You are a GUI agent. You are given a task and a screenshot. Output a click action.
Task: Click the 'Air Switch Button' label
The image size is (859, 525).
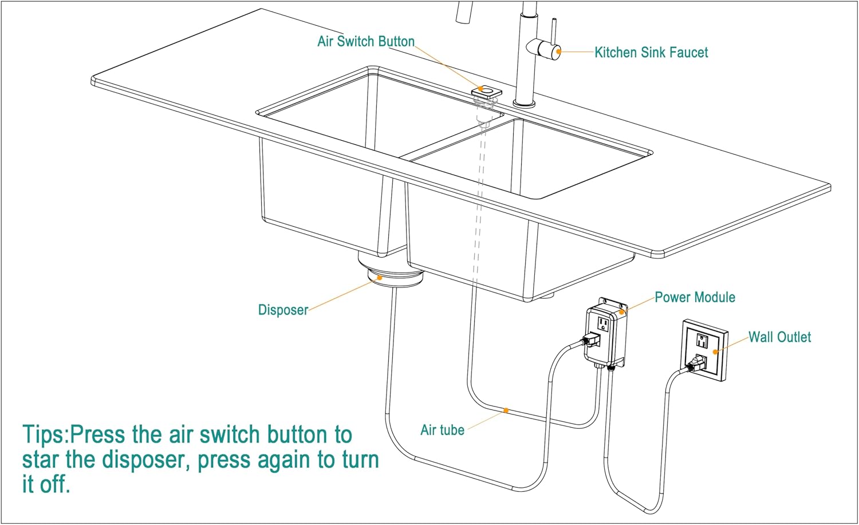coord(366,42)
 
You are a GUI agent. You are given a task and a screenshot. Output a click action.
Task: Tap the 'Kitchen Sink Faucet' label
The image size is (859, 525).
coord(651,53)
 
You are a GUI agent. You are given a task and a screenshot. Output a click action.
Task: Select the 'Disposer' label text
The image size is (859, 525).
coord(283,310)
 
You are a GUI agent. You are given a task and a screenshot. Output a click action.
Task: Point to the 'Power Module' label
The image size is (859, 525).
coord(695,297)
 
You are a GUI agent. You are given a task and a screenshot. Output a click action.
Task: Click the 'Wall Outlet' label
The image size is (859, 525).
coord(779,337)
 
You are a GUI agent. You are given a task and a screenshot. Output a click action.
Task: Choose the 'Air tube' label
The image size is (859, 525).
coord(442,430)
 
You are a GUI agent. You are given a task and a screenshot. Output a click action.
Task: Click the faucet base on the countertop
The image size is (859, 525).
coord(524,104)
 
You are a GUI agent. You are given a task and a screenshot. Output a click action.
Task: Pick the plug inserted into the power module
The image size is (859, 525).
coord(592,340)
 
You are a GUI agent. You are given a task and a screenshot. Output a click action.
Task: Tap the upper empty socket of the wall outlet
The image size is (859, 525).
coord(702,341)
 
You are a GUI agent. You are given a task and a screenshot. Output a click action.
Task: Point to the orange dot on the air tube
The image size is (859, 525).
coord(506,410)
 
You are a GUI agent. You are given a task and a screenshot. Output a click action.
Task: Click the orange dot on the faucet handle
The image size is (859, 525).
coord(558,52)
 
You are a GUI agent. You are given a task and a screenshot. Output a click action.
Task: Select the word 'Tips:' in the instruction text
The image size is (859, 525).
coord(45,435)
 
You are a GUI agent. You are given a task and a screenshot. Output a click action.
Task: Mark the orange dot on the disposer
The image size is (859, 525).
coord(379,278)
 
